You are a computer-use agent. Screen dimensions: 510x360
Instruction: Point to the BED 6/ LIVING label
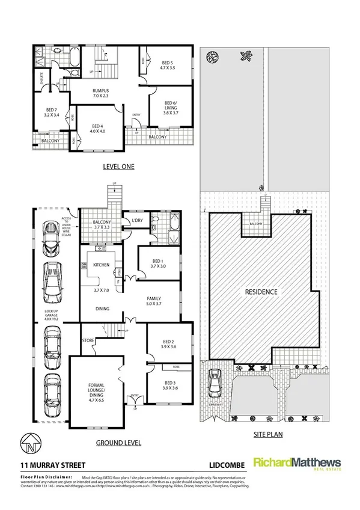[172, 105]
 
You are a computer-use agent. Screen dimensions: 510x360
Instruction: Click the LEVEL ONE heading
[117, 167]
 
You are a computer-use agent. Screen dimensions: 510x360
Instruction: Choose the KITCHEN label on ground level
[100, 265]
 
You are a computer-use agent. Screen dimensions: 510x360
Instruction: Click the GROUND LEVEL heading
[118, 443]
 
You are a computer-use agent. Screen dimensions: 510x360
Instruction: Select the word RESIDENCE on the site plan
[261, 292]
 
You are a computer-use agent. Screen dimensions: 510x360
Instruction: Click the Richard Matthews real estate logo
[297, 465]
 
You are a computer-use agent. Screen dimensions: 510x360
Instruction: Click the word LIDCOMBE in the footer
[222, 465]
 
